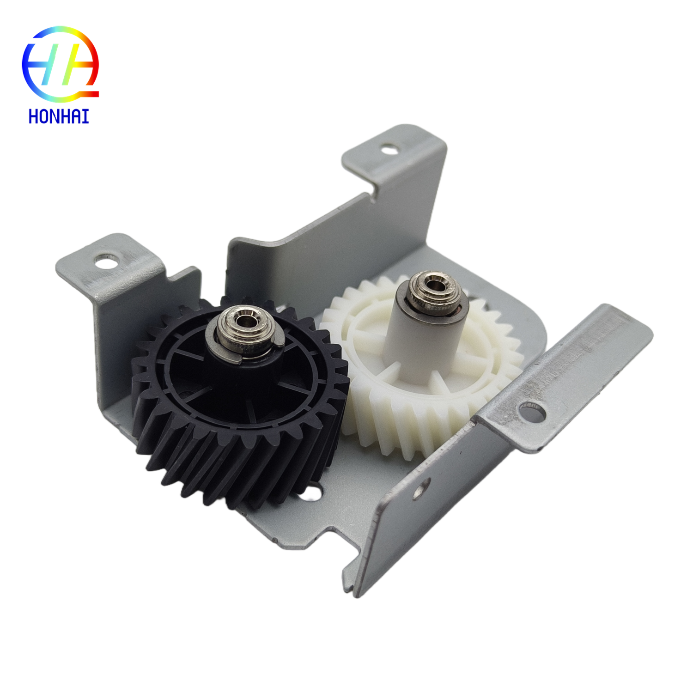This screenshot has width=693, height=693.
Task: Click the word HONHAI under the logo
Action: tap(59, 116)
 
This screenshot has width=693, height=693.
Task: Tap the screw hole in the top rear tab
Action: tap(389, 149)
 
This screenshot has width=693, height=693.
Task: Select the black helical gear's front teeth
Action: tap(231, 467)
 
